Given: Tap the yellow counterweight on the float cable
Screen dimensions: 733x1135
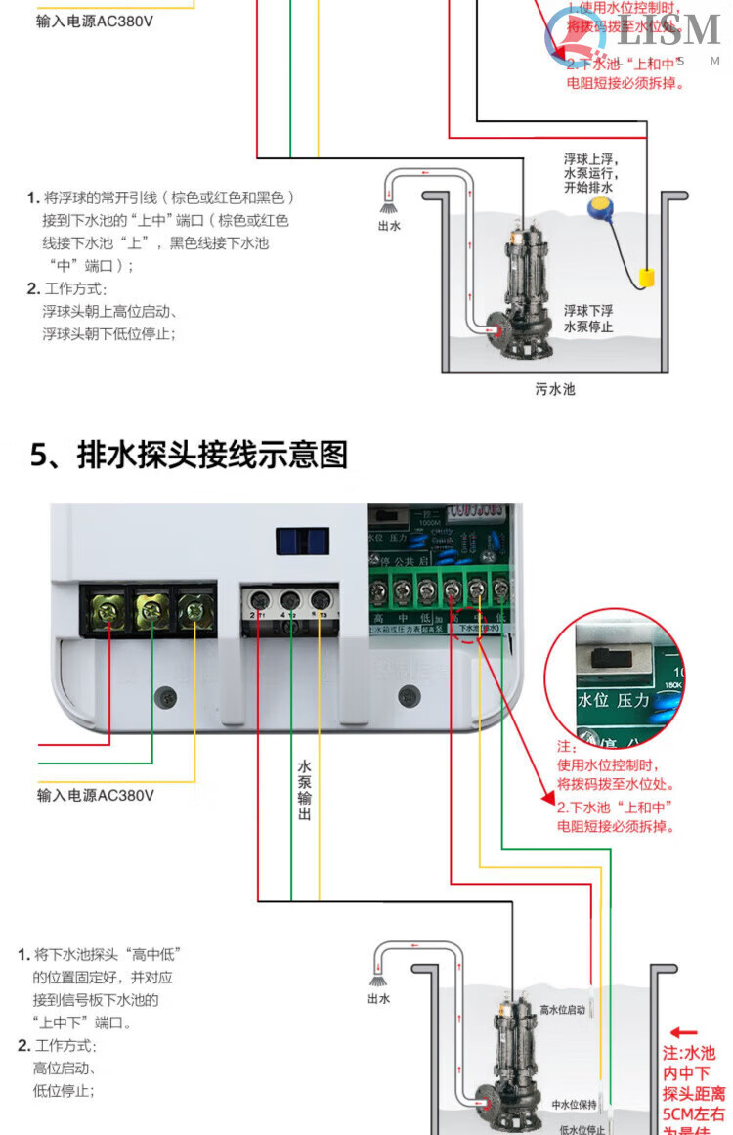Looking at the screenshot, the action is (x=646, y=278).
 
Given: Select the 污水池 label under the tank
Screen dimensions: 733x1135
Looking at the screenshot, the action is (x=555, y=389).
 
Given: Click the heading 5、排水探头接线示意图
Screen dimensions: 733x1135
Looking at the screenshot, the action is (x=189, y=455).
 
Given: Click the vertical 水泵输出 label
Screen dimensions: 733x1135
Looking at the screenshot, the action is (x=304, y=789).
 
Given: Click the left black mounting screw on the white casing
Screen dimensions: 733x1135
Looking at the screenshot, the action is (x=169, y=697).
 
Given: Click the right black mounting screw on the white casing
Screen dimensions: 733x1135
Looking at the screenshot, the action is (x=409, y=697).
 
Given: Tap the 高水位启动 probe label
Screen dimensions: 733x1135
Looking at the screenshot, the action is (x=563, y=1009).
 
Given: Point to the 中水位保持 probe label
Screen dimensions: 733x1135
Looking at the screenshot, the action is (x=575, y=1104).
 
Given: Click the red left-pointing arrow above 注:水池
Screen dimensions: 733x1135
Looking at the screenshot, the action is (x=684, y=1032).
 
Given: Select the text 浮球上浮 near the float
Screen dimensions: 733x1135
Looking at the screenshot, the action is (x=590, y=158).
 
